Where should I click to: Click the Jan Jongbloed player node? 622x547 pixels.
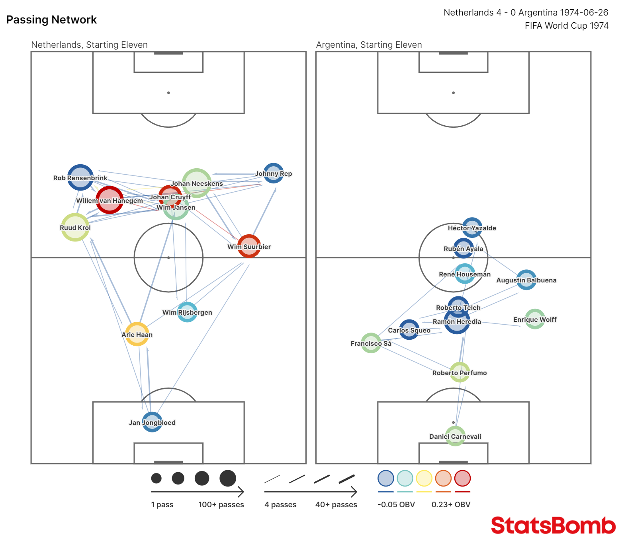coord(152,422)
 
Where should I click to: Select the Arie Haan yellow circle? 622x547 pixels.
coord(137,334)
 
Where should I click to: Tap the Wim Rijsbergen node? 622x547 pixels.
coord(187,312)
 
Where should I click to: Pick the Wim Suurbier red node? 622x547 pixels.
coord(249,246)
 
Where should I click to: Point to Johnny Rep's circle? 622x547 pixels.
coord(274,173)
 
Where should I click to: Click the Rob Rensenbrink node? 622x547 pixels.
coord(80,177)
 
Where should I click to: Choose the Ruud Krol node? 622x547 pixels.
coord(75,227)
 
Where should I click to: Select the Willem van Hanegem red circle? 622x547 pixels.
coord(110,200)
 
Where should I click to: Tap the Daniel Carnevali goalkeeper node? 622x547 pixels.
coord(455,436)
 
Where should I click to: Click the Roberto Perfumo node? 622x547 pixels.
coord(460,372)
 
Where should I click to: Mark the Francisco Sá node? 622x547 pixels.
coord(371,343)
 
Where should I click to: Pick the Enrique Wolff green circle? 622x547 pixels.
coord(535,319)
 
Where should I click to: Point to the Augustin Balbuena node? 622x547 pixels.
coord(526,280)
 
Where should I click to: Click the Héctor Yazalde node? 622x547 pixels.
coord(472,228)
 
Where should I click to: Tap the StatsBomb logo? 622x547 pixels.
coord(554,525)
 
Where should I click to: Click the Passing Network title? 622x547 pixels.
coord(52,20)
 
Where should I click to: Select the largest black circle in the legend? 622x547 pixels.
coord(228,478)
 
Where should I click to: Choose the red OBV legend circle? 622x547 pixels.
coord(462,478)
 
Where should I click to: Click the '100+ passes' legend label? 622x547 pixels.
coord(221,504)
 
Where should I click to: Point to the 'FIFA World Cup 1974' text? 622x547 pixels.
coord(567,26)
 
